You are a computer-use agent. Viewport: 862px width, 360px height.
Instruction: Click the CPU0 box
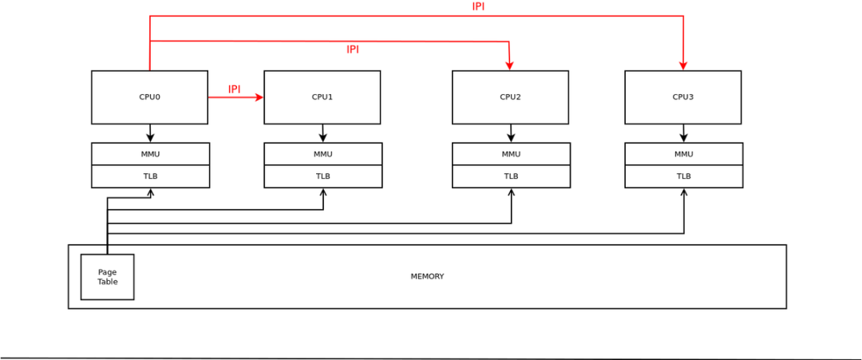149,97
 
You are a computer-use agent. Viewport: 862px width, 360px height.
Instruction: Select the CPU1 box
322,97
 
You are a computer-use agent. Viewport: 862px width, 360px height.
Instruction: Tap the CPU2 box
510,97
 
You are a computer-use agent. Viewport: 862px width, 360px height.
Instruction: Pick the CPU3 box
682,97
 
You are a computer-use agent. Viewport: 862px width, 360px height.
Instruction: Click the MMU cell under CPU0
150,154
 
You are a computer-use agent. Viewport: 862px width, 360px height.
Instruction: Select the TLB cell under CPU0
150,176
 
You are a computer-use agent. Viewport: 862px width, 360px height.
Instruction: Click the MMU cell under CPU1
322,154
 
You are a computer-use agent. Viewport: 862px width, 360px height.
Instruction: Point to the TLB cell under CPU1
322,176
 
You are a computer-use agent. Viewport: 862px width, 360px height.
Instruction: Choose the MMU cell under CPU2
511,154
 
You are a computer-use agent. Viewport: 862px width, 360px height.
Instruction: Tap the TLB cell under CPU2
511,176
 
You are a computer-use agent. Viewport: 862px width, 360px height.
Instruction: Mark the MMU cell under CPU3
683,154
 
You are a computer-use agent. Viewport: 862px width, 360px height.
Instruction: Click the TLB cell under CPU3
683,176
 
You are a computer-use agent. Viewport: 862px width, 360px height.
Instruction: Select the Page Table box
107,277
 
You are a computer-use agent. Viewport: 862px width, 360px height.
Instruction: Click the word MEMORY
427,276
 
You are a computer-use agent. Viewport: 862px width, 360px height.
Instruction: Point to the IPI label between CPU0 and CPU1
234,89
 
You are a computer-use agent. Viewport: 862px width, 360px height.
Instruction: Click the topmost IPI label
478,6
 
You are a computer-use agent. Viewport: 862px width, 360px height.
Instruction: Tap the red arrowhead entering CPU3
683,65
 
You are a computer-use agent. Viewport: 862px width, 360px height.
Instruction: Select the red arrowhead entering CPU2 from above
509,65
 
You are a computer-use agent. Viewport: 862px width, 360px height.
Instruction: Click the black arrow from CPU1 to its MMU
322,133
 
